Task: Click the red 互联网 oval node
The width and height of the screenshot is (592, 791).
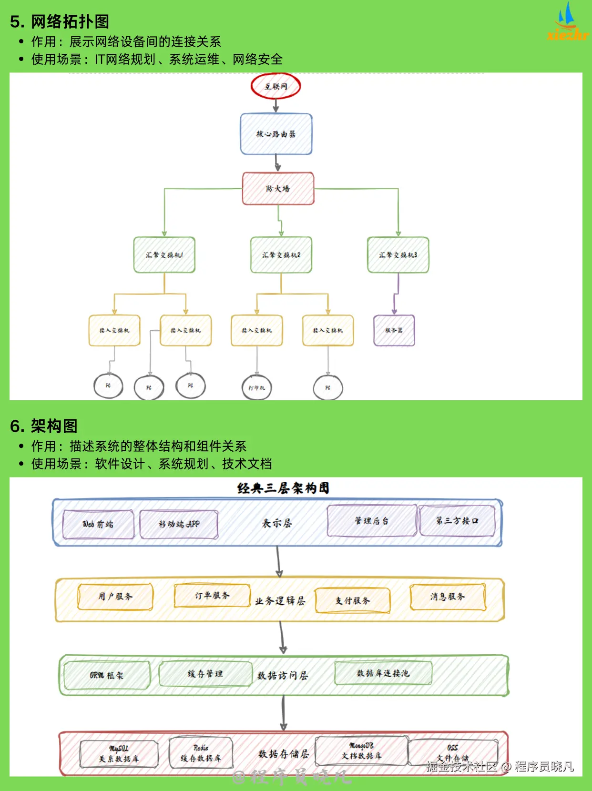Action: tap(276, 86)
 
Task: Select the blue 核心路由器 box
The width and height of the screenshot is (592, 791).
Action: tap(276, 134)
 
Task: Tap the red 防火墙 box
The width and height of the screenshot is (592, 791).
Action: tap(278, 189)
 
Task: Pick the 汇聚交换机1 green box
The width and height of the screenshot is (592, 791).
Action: tap(164, 255)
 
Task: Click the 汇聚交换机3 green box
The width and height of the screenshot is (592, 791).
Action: tap(398, 255)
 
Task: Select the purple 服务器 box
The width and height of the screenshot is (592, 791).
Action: tap(394, 330)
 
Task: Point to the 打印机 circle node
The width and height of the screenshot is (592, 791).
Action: tap(256, 388)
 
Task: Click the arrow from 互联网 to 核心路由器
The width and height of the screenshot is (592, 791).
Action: tap(276, 105)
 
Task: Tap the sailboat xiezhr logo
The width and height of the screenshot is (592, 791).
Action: tap(567, 21)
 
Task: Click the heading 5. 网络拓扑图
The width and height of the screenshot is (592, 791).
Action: tap(60, 21)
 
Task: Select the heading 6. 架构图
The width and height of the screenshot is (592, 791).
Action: tap(44, 426)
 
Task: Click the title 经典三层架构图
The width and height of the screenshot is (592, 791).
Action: tap(283, 488)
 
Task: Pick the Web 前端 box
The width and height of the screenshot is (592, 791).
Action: tap(98, 524)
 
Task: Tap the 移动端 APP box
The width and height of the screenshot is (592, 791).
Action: tap(179, 524)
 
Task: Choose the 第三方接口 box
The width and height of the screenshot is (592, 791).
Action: tap(457, 521)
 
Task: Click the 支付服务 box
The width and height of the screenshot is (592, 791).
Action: tap(352, 600)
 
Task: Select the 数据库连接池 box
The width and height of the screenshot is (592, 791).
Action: tap(383, 673)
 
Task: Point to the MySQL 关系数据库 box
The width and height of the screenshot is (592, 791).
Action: tap(119, 754)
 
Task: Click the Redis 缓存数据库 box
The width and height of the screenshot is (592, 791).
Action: tap(201, 753)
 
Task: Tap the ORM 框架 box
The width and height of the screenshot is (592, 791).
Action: tap(106, 675)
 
